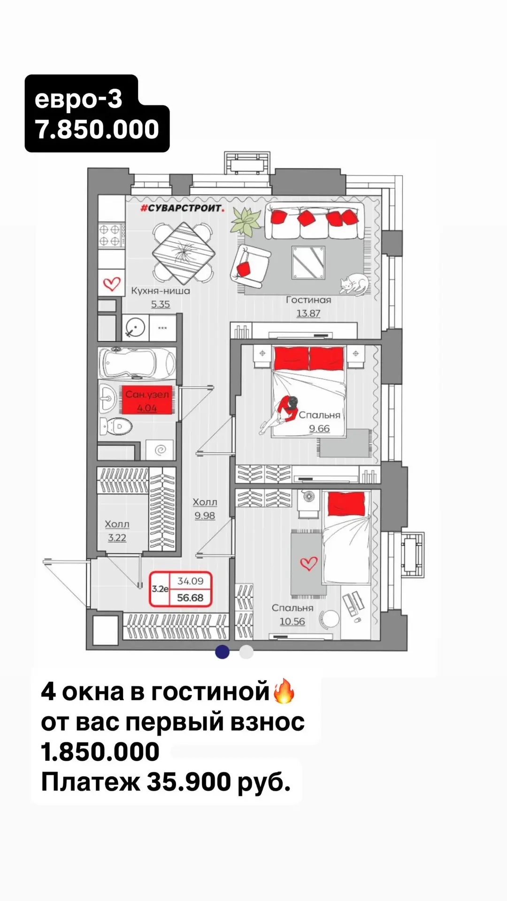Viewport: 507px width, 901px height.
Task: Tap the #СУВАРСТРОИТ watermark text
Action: pos(182,208)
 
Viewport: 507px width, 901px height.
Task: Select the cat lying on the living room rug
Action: pos(354,284)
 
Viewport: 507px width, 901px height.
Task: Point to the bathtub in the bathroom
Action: pos(137,364)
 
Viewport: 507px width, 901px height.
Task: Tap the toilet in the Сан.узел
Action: pos(116,426)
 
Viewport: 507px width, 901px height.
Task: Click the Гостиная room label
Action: pos(308,299)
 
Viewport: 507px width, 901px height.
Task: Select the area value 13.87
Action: pos(308,313)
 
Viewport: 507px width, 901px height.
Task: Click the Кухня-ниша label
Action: pos(161,290)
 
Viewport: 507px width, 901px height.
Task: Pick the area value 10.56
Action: pos(292,621)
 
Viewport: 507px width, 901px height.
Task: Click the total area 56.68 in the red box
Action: pos(190,597)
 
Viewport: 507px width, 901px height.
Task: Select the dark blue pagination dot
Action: pos(222,652)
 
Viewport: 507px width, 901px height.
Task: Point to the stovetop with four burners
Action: pos(111,235)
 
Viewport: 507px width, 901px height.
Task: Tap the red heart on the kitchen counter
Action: pos(112,283)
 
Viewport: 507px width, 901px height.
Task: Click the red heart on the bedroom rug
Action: pos(309,563)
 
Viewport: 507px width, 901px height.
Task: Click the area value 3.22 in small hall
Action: pos(117,538)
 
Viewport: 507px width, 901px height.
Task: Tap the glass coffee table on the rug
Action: pos(308,262)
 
